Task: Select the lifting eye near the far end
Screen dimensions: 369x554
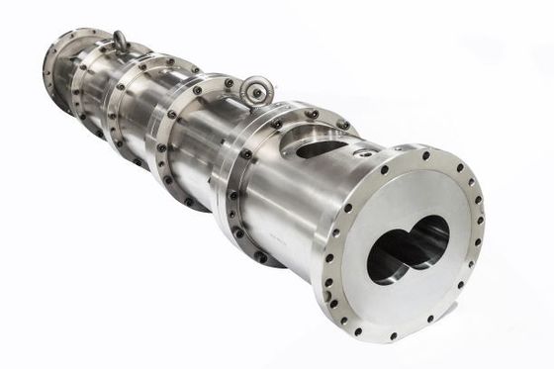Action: [x=121, y=41]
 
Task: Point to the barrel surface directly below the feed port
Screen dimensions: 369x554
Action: [x=297, y=213]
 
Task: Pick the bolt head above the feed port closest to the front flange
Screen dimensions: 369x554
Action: [x=341, y=125]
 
